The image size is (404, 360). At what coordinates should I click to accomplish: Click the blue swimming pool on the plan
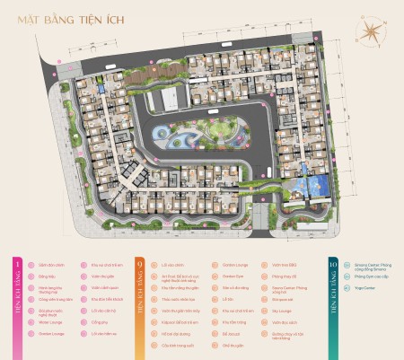tap(312, 187)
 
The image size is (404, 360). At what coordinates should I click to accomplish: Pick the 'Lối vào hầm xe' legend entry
tap(103, 329)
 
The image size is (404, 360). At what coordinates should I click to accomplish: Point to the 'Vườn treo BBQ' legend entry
tap(282, 266)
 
